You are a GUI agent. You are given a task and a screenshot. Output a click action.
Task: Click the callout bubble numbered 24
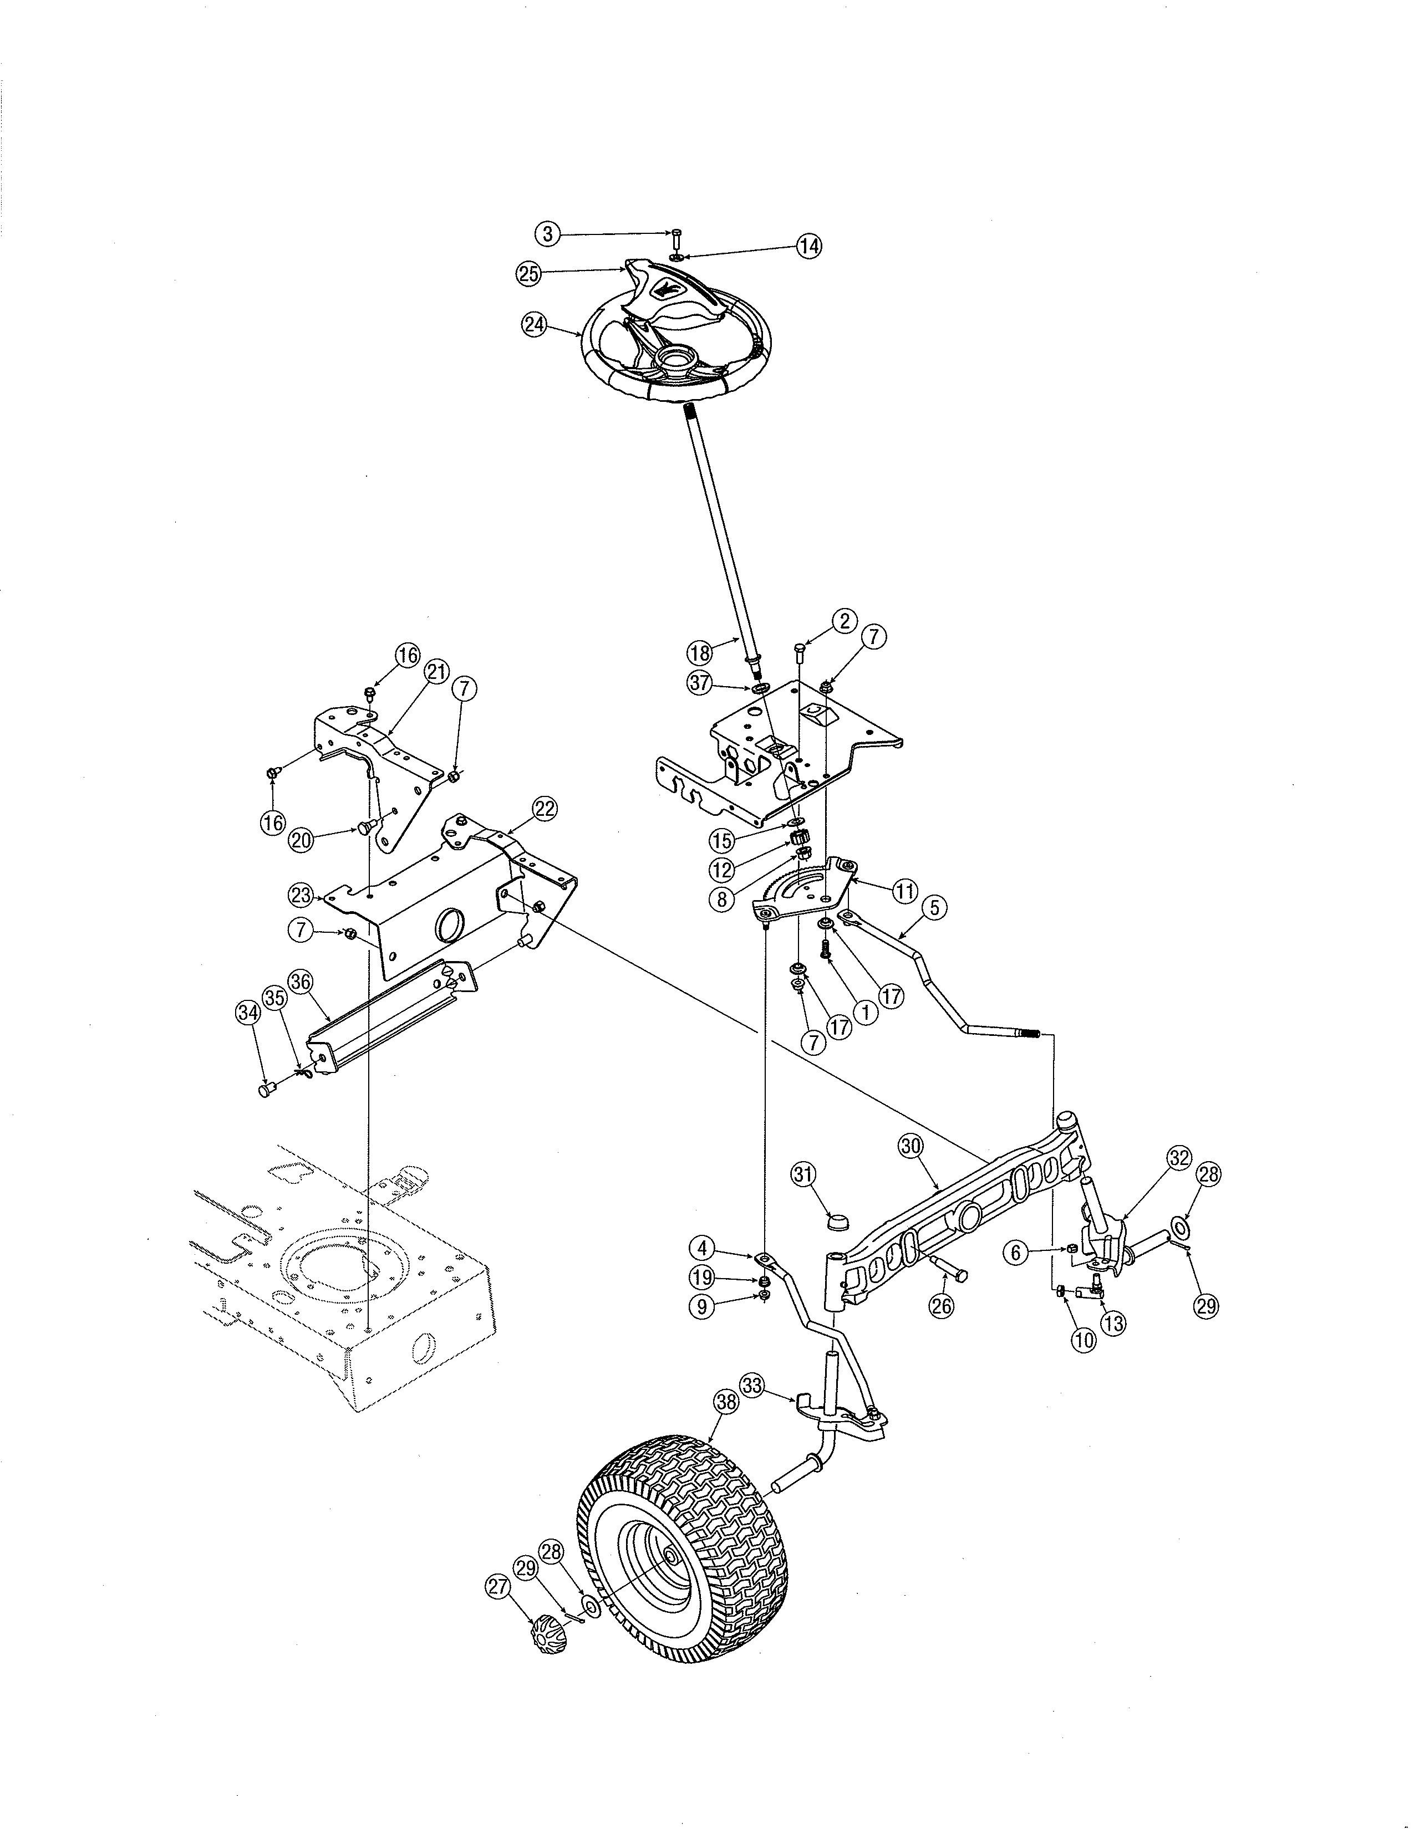tap(533, 324)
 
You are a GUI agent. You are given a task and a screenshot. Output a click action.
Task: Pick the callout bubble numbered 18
tap(699, 652)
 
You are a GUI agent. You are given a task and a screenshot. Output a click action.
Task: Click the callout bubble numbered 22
tap(545, 809)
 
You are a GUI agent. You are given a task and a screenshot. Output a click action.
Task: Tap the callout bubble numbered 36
tap(300, 980)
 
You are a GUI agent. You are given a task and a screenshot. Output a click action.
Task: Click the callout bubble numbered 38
tap(726, 1403)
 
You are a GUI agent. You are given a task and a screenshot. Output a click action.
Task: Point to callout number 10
tap(1083, 1339)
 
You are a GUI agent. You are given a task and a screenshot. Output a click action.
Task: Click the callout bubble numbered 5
tap(935, 906)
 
